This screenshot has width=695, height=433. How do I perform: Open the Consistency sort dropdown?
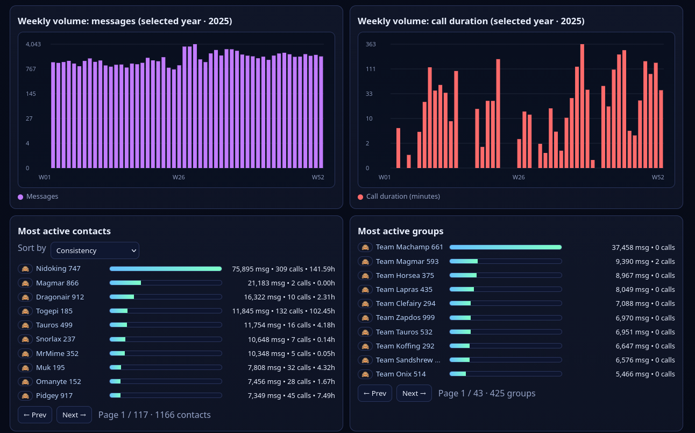pyautogui.click(x=95, y=250)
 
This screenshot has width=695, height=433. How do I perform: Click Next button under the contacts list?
pyautogui.click(x=74, y=415)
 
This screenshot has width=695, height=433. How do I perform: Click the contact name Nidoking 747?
pyautogui.click(x=58, y=268)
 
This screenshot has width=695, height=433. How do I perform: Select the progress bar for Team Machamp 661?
pyautogui.click(x=505, y=247)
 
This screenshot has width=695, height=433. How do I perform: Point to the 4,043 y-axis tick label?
pyautogui.click(x=33, y=44)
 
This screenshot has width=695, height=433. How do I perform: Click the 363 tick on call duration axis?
pyautogui.click(x=371, y=44)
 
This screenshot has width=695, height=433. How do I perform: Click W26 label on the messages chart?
pyautogui.click(x=179, y=177)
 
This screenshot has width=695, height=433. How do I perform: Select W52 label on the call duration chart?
pyautogui.click(x=658, y=177)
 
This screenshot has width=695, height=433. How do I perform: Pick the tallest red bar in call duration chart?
pyautogui.click(x=582, y=106)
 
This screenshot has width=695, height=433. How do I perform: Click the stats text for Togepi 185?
pyautogui.click(x=283, y=311)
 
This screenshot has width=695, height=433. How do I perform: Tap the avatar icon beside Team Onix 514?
pyautogui.click(x=365, y=374)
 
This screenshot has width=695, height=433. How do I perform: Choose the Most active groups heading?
pyautogui.click(x=400, y=231)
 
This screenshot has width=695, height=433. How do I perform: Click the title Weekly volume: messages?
pyautogui.click(x=125, y=22)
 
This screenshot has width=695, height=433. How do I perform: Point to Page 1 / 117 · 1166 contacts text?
pyautogui.click(x=154, y=415)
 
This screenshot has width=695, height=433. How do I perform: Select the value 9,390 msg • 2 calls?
pyautogui.click(x=643, y=261)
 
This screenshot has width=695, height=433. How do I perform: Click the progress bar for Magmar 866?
pyautogui.click(x=165, y=283)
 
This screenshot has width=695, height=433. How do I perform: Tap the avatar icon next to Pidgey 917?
pyautogui.click(x=25, y=395)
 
